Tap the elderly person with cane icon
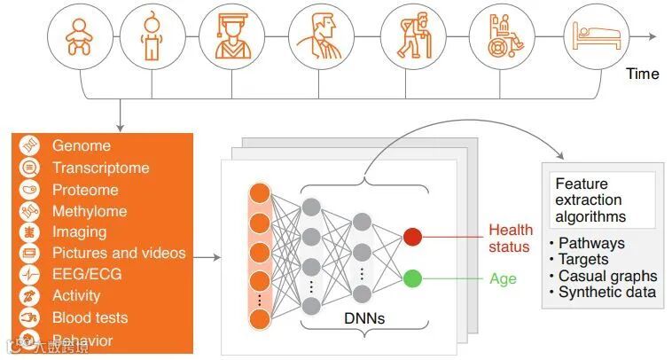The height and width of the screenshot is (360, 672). tap(406, 37)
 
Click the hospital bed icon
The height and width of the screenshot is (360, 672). tap(594, 37)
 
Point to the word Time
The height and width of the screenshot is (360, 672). tap(642, 74)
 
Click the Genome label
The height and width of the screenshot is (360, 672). tap(82, 146)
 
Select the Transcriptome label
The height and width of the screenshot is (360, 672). tap(100, 168)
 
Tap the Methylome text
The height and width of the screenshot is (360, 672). tap(89, 211)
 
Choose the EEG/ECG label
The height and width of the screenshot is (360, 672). tap(87, 274)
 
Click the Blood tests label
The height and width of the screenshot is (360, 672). tap(90, 317)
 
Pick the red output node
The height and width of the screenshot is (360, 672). tap(411, 237)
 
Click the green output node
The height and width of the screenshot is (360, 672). tap(411, 278)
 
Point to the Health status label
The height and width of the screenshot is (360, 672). tap(511, 238)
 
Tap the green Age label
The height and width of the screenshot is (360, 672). tap(503, 278)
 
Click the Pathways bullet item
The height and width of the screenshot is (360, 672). tap(590, 244)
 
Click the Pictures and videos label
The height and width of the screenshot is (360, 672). tap(119, 254)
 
